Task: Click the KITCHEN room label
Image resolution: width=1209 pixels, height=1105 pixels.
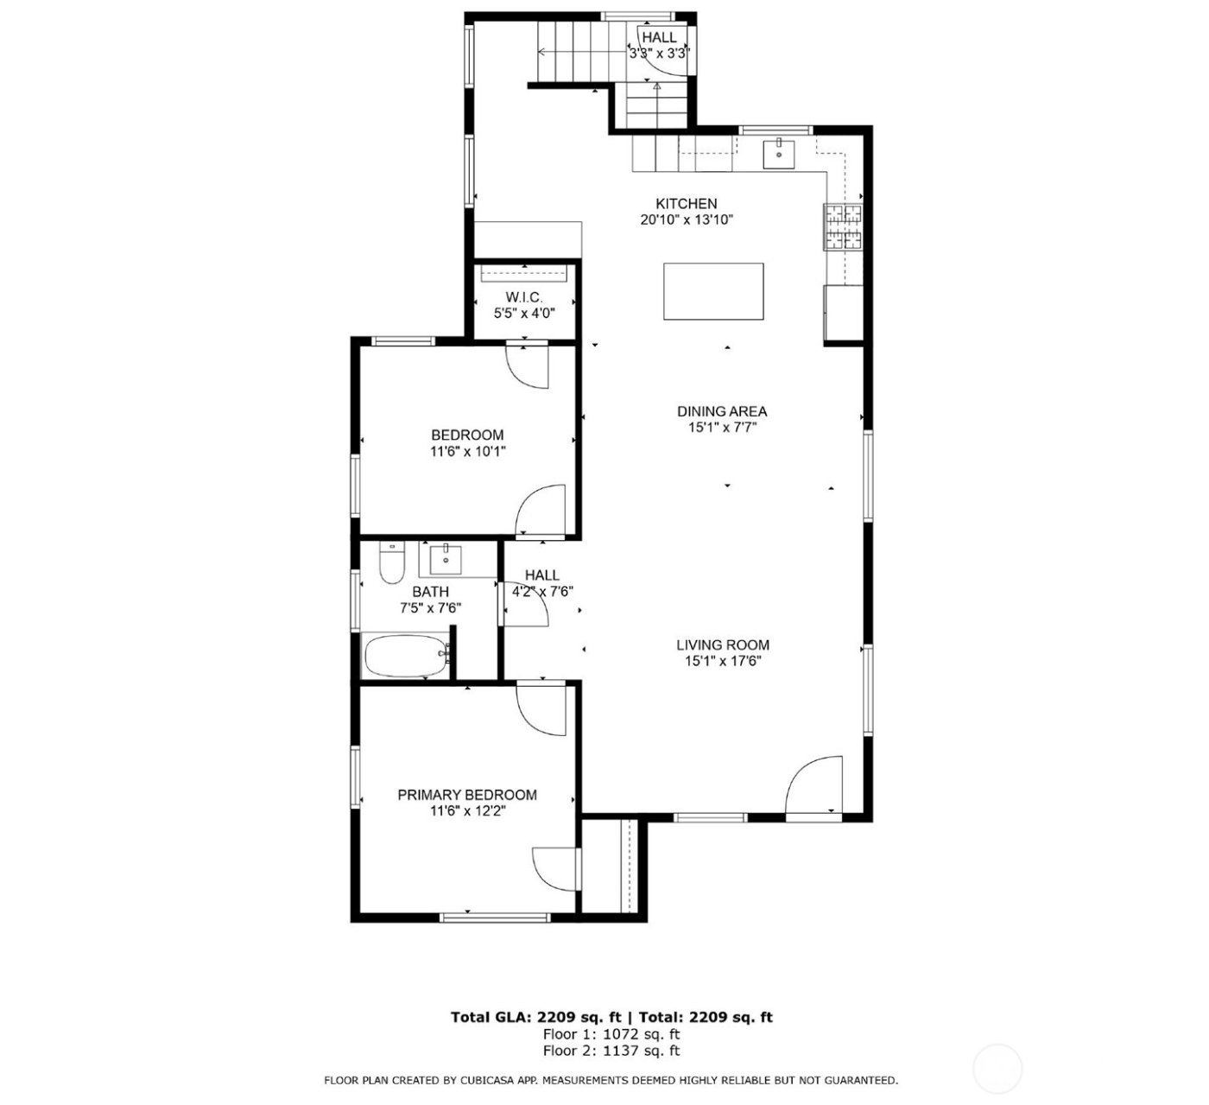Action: coord(687,204)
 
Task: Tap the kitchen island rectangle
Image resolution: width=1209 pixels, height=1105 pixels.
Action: coord(713,291)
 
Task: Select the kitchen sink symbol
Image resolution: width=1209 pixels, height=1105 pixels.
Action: coord(779,154)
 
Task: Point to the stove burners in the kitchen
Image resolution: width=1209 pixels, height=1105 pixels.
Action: coord(843,227)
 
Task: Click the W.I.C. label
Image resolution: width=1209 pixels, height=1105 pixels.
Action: coord(524,297)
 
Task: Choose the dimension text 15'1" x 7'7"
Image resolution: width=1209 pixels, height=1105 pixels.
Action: coord(722,428)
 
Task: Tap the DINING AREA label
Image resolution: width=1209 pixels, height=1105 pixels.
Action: coord(722,411)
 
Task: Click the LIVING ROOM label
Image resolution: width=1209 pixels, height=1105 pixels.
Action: coord(722,645)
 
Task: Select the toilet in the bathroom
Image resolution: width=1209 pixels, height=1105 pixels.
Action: coord(392,565)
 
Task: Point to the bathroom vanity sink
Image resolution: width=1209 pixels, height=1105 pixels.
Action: coord(446,559)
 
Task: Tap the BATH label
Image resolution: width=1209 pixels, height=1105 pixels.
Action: coord(430,592)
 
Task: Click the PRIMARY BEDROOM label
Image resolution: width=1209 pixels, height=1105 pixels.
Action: coord(467,795)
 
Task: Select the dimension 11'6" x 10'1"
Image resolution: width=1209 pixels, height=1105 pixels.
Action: coord(467,451)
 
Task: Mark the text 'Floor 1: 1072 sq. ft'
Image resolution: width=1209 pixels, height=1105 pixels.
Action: coord(611,1034)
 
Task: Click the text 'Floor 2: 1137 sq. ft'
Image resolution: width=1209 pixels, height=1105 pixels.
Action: coord(611,1051)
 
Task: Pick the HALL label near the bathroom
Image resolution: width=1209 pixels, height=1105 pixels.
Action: coord(542,575)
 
